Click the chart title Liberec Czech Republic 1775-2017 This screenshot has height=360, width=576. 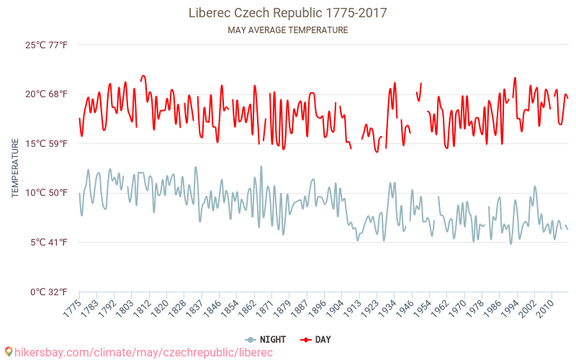[x=287, y=13]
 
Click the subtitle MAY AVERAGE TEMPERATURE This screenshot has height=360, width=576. [x=287, y=30]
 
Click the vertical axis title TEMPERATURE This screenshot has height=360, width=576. [x=15, y=168]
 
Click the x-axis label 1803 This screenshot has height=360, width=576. [x=125, y=308]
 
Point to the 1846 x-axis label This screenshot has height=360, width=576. [x=204, y=308]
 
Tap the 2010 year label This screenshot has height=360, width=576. [x=544, y=308]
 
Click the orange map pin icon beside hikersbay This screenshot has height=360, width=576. [x=8, y=352]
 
